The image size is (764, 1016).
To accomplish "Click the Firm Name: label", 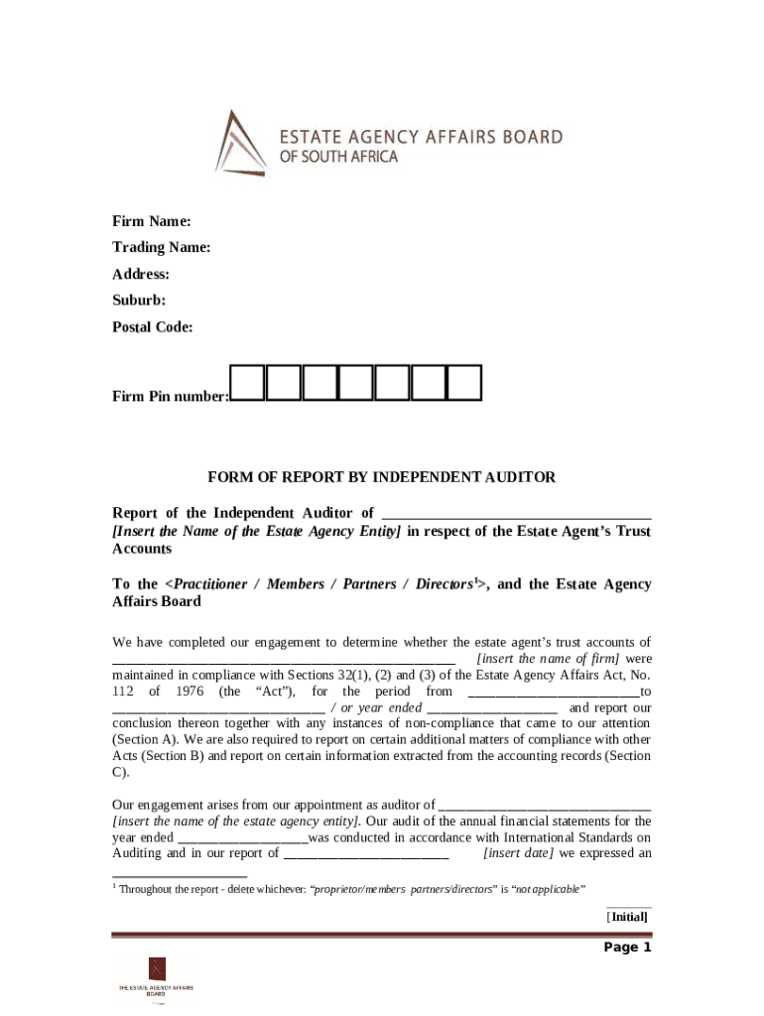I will click(152, 220).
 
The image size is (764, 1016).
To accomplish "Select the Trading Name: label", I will click(161, 247).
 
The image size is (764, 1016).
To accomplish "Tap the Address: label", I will click(140, 274).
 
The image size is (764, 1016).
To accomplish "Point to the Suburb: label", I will click(138, 300).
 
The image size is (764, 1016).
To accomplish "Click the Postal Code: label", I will click(152, 326).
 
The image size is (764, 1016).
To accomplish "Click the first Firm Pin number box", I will click(248, 382).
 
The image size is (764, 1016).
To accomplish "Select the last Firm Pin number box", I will click(464, 382).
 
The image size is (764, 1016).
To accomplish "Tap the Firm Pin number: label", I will click(170, 397).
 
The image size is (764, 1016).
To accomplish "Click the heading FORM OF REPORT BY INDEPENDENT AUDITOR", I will click(381, 477).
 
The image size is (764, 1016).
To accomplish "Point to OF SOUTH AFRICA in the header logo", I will click(336, 158).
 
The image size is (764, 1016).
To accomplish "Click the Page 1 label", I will click(627, 947).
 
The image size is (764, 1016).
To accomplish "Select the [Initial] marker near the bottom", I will click(628, 917).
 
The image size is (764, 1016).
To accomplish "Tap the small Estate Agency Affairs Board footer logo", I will click(156, 979).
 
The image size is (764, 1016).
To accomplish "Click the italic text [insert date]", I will click(518, 853).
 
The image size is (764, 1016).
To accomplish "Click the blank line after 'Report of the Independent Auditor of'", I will click(516, 514).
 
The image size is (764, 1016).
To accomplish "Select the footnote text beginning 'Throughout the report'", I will click(352, 888).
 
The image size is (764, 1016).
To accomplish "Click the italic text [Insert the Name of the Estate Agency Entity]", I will click(257, 531).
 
